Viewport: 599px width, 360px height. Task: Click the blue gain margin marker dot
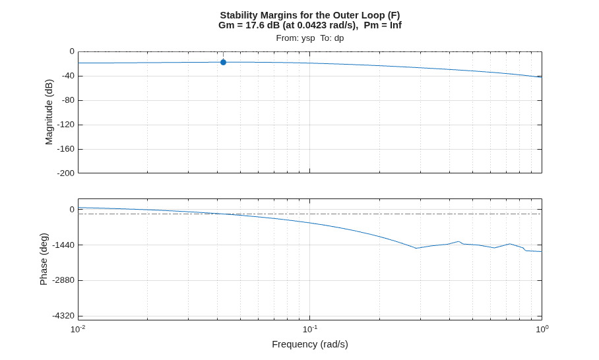click(x=223, y=62)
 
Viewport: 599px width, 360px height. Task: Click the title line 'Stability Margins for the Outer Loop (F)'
click(x=310, y=15)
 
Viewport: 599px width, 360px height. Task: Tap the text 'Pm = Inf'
click(x=383, y=25)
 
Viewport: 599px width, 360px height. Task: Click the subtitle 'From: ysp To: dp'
click(x=310, y=38)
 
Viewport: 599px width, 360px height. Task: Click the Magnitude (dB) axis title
click(x=49, y=112)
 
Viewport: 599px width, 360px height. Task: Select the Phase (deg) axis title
click(x=44, y=259)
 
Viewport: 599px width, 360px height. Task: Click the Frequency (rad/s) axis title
click(x=310, y=344)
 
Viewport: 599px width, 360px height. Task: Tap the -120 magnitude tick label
click(x=66, y=125)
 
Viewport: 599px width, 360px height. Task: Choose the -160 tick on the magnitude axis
click(x=66, y=149)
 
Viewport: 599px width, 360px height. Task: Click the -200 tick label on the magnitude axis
click(x=66, y=173)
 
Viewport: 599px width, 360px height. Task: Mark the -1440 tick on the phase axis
click(x=63, y=245)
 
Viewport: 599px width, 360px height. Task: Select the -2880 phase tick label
click(x=63, y=280)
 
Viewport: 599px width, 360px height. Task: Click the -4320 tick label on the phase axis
click(x=63, y=316)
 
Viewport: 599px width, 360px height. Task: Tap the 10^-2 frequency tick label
click(x=78, y=329)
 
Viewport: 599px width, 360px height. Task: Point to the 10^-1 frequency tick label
click(x=310, y=329)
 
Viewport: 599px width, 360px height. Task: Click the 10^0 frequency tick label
click(x=542, y=329)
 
